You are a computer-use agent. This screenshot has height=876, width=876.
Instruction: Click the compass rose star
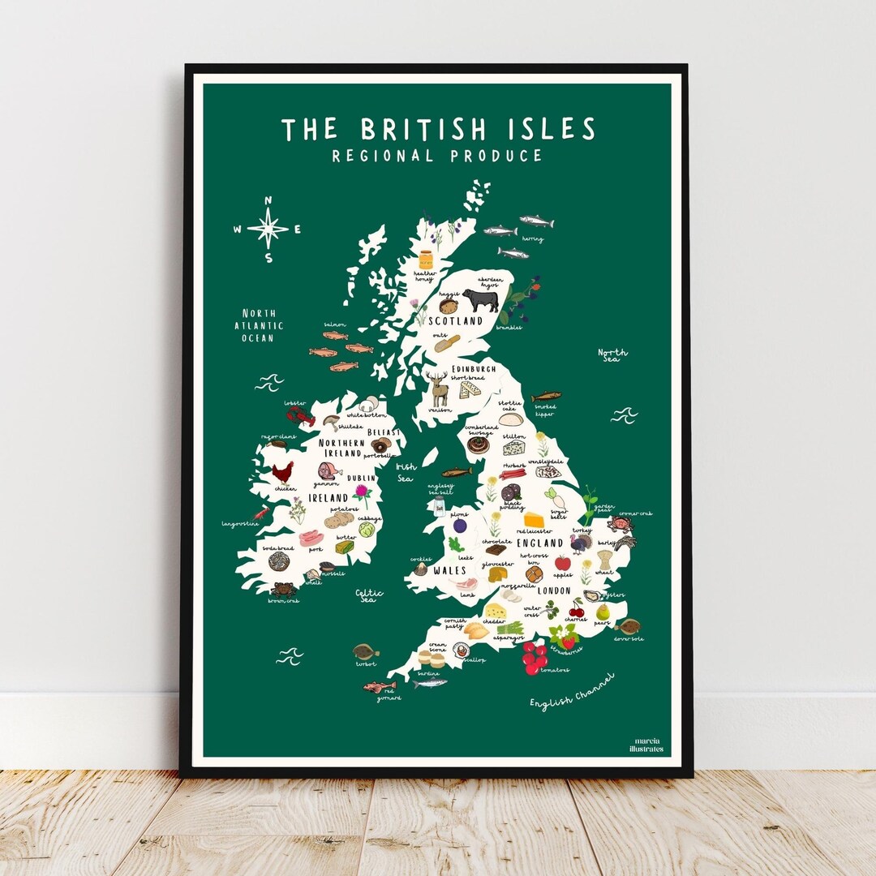268,228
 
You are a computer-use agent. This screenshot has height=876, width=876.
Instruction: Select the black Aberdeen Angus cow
480,300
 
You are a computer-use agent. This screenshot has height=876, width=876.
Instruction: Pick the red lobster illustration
300,417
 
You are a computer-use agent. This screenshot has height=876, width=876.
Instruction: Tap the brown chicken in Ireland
281,473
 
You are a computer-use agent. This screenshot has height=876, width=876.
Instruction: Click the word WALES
449,570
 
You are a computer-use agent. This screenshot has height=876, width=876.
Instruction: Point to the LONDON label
553,590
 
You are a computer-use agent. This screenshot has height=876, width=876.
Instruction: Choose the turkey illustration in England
581,543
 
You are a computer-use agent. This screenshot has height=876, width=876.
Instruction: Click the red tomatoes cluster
535,657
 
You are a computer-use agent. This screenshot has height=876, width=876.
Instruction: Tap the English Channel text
572,690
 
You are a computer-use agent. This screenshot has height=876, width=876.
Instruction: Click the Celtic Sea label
368,595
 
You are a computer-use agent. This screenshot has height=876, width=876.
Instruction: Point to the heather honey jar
426,261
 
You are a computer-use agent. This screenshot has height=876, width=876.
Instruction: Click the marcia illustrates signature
649,745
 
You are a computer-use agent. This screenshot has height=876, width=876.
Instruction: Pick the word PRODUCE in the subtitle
496,156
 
